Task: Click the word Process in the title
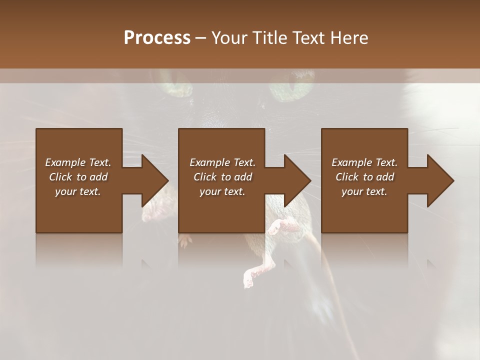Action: (x=157, y=38)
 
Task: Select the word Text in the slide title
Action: (x=308, y=38)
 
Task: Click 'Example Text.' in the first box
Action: (x=78, y=162)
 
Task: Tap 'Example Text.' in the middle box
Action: (x=222, y=162)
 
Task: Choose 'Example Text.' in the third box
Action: (x=364, y=162)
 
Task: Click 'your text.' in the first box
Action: (x=78, y=191)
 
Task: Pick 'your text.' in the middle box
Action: (x=222, y=191)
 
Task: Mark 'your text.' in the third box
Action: (x=364, y=191)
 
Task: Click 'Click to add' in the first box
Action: (x=78, y=177)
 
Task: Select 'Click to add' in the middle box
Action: (x=222, y=177)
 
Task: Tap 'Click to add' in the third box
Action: (x=364, y=177)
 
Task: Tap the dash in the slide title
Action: (x=201, y=38)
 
